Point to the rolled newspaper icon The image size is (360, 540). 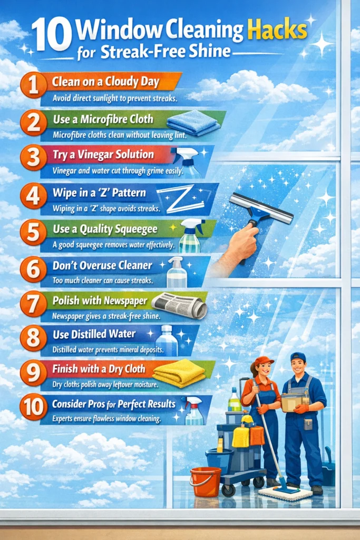179,305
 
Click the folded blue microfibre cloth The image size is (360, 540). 200,123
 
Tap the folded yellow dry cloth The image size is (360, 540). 179,373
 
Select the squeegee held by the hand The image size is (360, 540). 261,209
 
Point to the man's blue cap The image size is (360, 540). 298,357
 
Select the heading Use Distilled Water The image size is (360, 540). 94,334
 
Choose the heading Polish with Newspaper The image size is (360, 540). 99,300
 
